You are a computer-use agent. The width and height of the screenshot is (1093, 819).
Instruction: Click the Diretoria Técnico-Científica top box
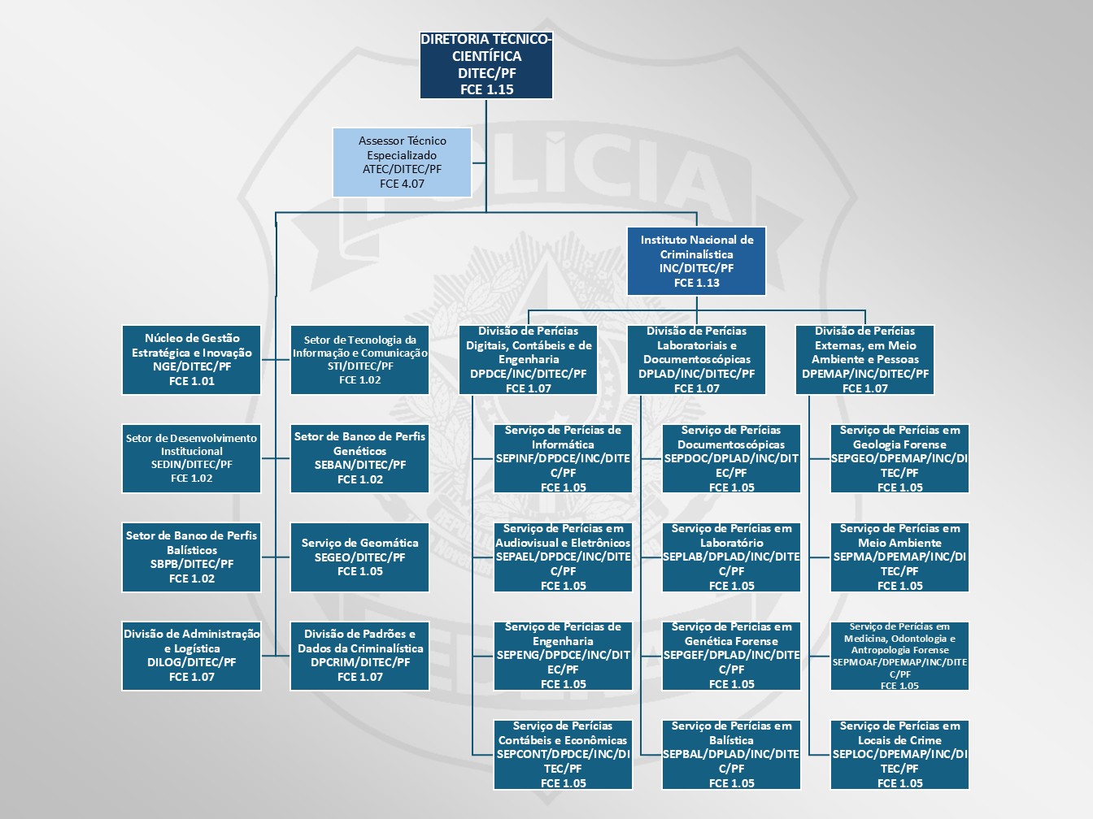486,64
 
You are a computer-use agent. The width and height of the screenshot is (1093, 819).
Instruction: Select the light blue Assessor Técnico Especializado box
402,162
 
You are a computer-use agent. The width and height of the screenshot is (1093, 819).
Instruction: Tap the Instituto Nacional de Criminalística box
696,261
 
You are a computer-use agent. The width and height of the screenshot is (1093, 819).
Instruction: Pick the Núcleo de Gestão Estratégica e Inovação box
192,359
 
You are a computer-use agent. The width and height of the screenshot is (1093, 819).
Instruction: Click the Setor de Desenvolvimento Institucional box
192,458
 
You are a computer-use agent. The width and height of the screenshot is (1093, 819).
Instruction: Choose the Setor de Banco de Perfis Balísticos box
192,557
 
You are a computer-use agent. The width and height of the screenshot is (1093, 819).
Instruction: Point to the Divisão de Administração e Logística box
192,655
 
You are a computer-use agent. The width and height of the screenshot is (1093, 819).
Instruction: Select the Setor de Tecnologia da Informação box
359,359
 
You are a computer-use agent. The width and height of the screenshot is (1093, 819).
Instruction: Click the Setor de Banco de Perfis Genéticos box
359,458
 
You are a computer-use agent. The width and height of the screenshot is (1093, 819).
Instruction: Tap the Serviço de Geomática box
359,557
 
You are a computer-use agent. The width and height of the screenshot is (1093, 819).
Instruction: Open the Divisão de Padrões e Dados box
359,655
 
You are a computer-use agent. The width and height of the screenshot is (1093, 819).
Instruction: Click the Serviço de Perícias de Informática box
563,458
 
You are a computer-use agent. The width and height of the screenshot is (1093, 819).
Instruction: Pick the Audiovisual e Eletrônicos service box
563,557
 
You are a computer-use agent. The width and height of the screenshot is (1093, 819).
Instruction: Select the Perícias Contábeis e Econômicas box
563,754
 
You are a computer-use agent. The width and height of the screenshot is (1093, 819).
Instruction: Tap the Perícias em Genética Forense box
731,655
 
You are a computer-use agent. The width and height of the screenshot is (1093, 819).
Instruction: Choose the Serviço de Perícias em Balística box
731,754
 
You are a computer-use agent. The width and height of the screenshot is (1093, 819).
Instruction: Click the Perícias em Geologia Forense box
899,458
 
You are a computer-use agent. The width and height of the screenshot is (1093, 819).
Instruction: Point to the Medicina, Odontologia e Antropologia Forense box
899,655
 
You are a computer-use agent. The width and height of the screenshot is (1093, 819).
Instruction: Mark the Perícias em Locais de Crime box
899,754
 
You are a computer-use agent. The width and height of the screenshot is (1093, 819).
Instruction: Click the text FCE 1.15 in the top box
486,89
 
